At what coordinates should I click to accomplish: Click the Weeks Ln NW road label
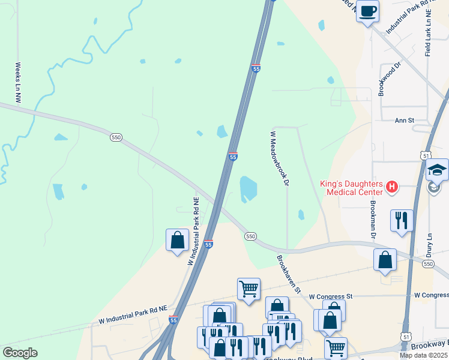(18, 83)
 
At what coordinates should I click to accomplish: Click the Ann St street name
(404, 121)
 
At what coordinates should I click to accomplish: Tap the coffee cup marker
(367, 10)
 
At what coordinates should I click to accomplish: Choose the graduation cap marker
(437, 170)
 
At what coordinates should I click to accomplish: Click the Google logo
(20, 353)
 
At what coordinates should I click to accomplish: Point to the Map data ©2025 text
(423, 355)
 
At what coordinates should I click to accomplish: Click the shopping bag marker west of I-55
(178, 240)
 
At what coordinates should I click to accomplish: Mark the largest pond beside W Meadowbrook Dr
(249, 188)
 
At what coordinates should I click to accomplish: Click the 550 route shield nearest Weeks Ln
(116, 137)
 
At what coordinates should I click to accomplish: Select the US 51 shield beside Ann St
(424, 155)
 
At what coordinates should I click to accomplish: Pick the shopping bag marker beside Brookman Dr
(385, 260)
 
